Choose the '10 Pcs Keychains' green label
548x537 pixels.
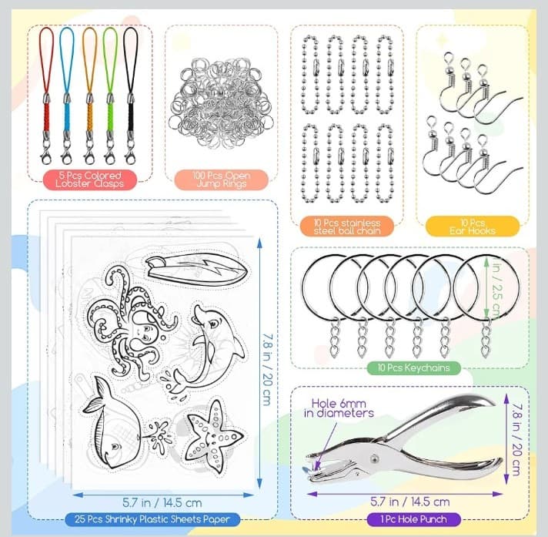click(409, 368)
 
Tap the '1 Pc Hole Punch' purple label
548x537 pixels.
click(409, 519)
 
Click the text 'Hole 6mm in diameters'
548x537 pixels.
click(342, 408)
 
